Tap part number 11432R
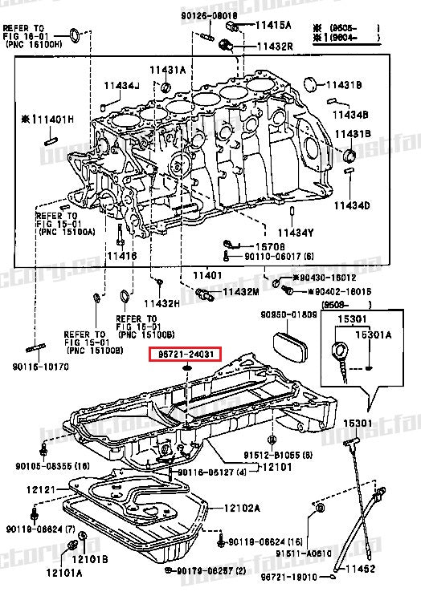coord(275,47)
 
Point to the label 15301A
coord(374,334)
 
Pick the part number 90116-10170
coord(40,367)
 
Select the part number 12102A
coord(242,507)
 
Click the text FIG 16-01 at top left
coord(26,36)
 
